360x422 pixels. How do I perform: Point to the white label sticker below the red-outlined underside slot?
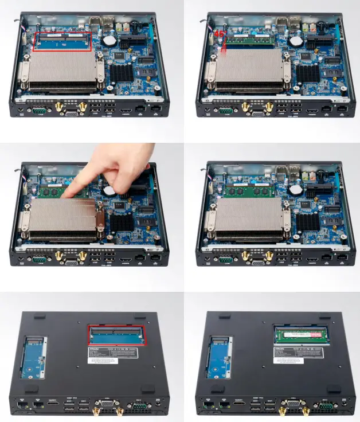114,355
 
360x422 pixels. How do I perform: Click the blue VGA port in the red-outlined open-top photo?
72,114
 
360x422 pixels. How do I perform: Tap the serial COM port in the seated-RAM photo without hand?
225,260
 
